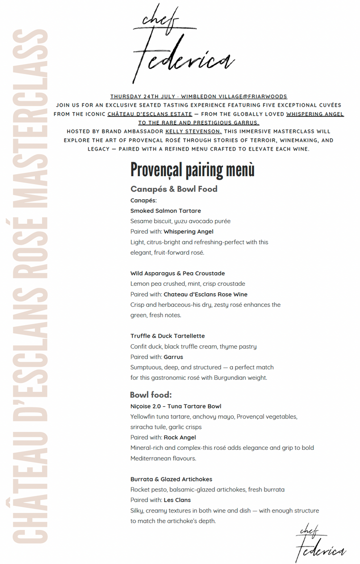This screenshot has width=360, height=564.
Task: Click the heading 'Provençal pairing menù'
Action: pos(192,170)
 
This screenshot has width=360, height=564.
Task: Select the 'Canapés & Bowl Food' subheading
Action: pos(173,189)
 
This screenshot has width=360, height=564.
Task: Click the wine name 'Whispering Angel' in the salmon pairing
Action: pos(188,232)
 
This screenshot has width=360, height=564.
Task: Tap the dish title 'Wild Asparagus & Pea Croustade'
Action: pos(177,273)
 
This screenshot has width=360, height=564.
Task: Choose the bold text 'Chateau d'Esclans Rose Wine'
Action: pos(205,294)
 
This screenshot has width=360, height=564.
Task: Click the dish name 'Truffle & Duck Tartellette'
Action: pos(167,336)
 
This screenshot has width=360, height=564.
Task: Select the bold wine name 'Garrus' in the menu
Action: pos(173,357)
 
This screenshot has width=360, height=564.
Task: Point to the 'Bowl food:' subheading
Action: pos(150,395)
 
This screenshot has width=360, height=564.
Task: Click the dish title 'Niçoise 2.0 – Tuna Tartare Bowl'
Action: pos(175,406)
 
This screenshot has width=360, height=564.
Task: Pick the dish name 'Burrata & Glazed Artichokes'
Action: pos(171,479)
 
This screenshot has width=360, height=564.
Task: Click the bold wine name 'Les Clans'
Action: pos(177,500)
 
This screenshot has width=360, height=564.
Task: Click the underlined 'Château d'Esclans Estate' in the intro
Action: pos(150,114)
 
